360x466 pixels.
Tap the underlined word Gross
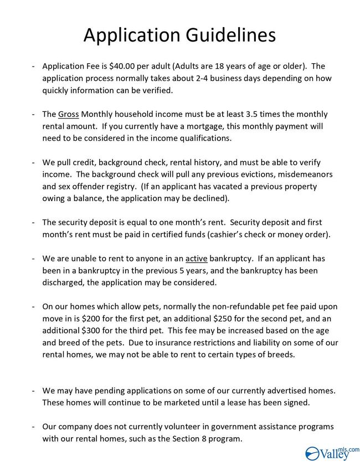69,115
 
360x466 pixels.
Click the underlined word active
196,259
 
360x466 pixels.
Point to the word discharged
66,283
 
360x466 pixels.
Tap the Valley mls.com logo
332,453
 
